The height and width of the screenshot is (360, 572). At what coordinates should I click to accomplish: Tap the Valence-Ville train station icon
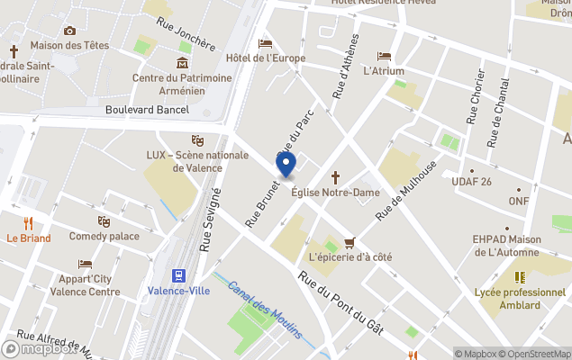(178, 275)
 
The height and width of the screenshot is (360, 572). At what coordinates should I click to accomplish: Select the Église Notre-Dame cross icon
(336, 177)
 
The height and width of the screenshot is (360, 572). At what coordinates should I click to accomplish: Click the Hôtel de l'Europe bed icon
(265, 43)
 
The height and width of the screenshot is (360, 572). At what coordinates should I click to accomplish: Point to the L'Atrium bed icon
(385, 56)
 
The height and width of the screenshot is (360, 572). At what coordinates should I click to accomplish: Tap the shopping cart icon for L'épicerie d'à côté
(350, 242)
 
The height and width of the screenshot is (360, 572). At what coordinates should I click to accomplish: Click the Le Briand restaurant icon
(28, 223)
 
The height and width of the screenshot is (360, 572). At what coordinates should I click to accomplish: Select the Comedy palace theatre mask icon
(104, 221)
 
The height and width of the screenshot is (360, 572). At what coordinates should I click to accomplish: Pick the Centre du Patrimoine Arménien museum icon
(183, 63)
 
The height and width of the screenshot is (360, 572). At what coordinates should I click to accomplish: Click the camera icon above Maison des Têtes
(69, 31)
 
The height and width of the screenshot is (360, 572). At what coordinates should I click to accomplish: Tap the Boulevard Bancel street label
(147, 110)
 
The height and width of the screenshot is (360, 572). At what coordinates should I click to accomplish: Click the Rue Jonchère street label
(186, 33)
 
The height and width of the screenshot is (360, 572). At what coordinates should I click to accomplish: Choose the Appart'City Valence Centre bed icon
(85, 264)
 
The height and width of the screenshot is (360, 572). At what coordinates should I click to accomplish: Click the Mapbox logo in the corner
(41, 348)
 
